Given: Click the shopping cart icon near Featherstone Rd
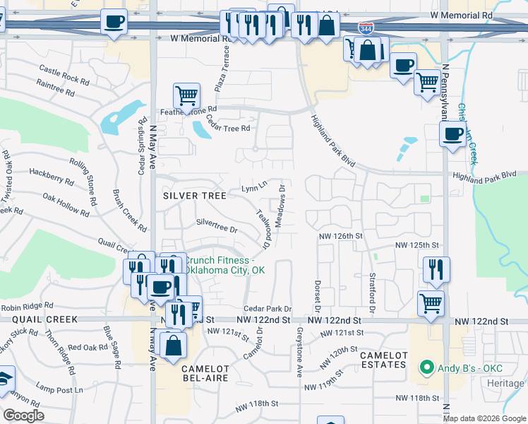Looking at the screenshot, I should pos(186,95).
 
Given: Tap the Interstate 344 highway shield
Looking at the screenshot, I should pos(365,29).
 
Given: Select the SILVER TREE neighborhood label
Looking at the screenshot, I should pos(194,195).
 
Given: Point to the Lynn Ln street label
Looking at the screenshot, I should pos(254,187).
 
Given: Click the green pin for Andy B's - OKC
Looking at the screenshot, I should pos(426,367).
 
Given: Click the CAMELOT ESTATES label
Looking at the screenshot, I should pos(383,359).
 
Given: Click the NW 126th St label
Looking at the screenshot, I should pos(340,235).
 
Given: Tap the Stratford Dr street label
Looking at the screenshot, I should pos(371,294).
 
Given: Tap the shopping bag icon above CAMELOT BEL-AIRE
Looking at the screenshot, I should pos(173,346).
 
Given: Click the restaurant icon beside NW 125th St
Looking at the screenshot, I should pos(436,269).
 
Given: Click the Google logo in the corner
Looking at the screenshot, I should pos(23,416).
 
